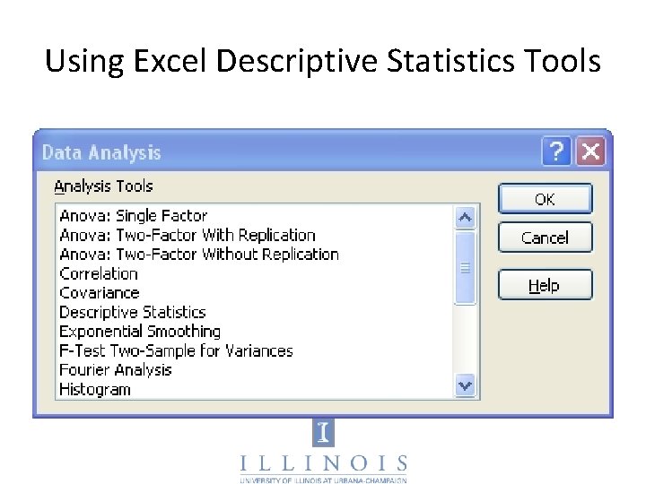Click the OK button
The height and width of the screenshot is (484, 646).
pos(545,199)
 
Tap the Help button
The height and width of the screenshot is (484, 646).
pos(545,285)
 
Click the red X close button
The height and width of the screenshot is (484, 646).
pos(590,151)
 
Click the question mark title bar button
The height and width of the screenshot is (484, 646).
pos(557,151)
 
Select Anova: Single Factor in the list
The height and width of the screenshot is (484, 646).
pos(133,216)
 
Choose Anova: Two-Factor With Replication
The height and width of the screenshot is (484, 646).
pos(188,235)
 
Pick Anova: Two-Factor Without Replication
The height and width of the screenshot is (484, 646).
pos(199,255)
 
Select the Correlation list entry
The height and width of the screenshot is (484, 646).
pos(99,273)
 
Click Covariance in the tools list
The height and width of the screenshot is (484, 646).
pos(100,293)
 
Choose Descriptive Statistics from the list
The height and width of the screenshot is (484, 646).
pos(133,312)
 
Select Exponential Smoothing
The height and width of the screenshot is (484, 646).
pos(140,332)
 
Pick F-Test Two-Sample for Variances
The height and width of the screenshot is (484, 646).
pos(176,350)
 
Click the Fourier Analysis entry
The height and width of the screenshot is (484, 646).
pos(115,370)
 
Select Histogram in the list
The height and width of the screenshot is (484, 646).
pos(95,389)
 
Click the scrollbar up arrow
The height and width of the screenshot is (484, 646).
pos(465,217)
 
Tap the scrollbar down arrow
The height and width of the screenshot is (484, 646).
pos(465,386)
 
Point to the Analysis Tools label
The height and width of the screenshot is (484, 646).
pos(103,186)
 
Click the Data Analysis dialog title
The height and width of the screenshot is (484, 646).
pos(101,152)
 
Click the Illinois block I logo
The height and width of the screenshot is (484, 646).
pos(323,434)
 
